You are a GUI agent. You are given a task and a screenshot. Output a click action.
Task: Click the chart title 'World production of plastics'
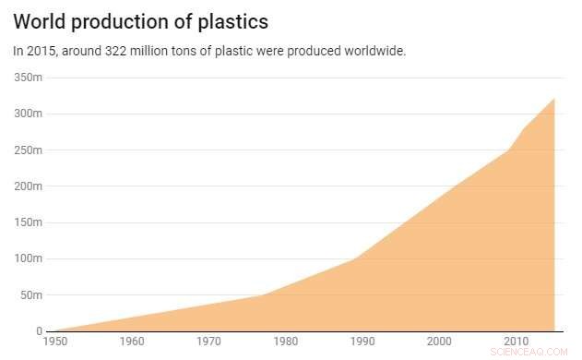coord(147,20)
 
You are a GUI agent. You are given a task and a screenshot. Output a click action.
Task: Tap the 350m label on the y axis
coord(29,78)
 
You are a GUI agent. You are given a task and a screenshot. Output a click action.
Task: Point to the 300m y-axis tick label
coord(29,114)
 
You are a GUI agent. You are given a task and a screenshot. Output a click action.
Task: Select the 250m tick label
coord(29,150)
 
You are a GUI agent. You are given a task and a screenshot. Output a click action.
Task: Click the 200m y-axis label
coord(29,186)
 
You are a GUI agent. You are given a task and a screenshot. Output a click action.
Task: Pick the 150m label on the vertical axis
coord(29,222)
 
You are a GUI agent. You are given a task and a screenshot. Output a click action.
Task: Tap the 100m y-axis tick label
coord(29,258)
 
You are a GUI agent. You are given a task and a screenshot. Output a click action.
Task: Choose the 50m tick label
coord(31,295)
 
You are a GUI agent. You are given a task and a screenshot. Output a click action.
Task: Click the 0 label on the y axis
coord(40,330)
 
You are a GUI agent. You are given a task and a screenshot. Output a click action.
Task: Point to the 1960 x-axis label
coord(133,342)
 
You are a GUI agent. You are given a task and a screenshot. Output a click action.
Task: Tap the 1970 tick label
coord(209,342)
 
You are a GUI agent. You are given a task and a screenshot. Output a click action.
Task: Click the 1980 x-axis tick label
coord(286,342)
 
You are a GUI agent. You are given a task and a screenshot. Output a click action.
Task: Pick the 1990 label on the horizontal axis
coord(362,342)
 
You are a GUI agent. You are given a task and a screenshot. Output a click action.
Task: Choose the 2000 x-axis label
coord(439,342)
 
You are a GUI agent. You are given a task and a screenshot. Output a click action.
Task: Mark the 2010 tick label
coord(516,342)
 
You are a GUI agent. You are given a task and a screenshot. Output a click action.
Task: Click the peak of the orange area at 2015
coord(554,99)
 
